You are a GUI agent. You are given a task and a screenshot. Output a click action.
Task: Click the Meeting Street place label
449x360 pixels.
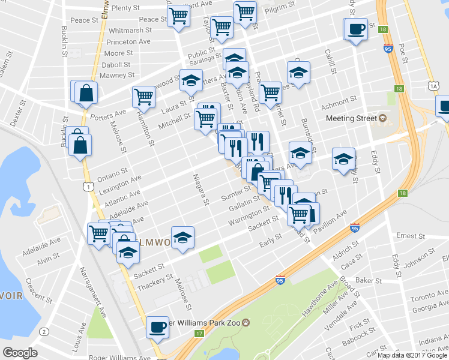pos(347,118)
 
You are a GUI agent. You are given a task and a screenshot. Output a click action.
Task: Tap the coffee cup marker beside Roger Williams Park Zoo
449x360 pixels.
pos(158,328)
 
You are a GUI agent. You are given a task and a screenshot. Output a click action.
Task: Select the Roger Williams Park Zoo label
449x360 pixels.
pos(208,323)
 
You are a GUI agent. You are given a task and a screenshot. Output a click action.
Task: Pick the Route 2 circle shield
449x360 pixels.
pos(43,332)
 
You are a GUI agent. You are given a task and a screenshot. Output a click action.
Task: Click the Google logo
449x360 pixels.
pos(20,353)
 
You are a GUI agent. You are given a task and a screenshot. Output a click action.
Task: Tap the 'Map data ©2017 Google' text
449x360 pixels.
pos(412,355)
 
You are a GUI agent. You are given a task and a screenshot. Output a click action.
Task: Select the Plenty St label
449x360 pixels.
pos(125,8)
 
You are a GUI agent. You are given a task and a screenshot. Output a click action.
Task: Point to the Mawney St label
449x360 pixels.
pos(117,75)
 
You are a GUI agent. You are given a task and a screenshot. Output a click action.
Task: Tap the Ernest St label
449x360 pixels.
pos(411,236)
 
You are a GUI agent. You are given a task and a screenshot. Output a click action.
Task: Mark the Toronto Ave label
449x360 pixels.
pos(430,296)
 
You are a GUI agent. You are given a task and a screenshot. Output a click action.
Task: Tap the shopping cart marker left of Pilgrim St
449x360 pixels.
pos(245,11)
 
